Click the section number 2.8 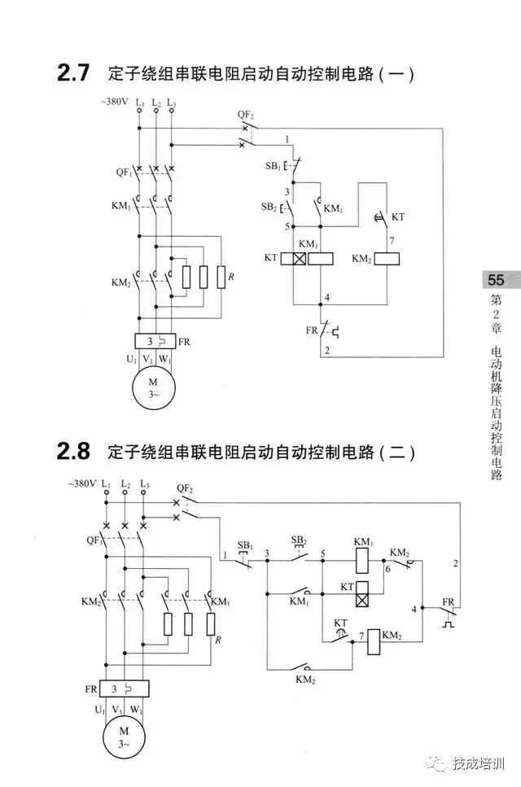[x=72, y=450]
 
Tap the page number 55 [x=496, y=280]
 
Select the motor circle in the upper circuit [x=154, y=387]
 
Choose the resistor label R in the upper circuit [x=231, y=278]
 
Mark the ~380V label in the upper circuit [x=115, y=103]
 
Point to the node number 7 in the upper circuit [x=392, y=241]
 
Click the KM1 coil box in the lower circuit [x=363, y=560]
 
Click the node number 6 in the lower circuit [x=387, y=570]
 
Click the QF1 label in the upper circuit [x=123, y=172]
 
